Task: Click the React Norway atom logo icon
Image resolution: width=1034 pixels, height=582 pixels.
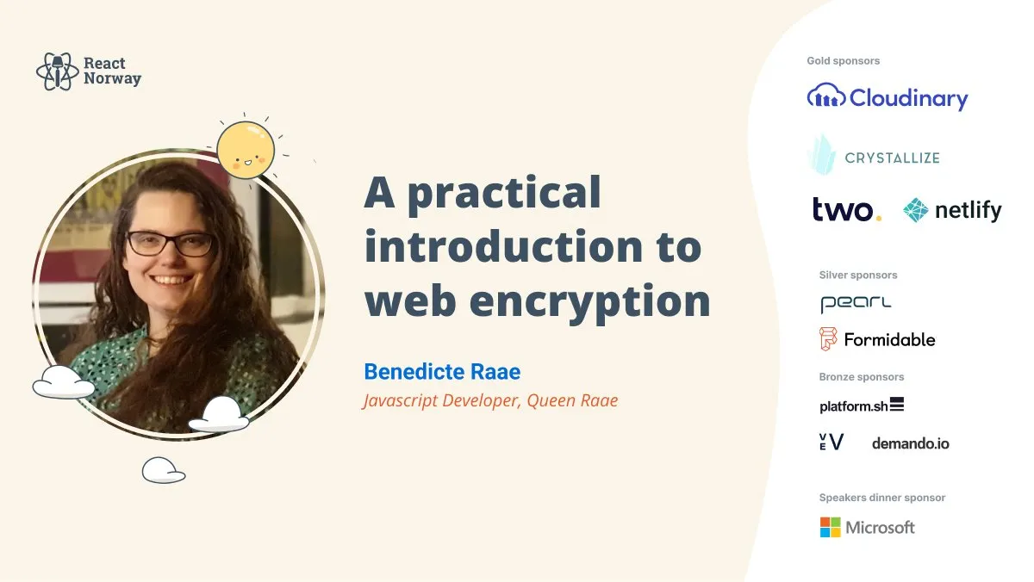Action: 58,71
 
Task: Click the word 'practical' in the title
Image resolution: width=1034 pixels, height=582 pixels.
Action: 504,192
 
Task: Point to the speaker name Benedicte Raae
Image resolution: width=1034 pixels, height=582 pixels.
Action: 442,372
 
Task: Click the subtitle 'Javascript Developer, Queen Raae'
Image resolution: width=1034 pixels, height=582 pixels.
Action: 490,400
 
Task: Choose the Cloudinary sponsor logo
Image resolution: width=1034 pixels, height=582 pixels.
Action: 888,97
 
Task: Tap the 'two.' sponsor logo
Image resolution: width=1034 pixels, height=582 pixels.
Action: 846,209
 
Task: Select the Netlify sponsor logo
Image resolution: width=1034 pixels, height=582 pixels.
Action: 952,210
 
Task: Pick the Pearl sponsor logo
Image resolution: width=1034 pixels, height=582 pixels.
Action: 844,303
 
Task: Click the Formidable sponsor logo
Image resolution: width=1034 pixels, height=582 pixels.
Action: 877,339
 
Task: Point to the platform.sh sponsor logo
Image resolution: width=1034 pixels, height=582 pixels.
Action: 862,406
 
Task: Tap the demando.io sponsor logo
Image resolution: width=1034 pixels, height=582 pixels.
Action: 910,443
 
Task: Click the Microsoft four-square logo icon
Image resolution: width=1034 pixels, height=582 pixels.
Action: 830,527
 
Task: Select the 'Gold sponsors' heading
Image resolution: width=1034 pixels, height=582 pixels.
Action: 843,61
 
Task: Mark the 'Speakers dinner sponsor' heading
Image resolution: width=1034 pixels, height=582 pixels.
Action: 881,498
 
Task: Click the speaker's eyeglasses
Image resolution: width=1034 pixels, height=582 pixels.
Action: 171,244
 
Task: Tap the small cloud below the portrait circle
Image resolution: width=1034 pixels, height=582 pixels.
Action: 164,470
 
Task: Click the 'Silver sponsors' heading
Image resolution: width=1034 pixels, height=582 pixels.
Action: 857,276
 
